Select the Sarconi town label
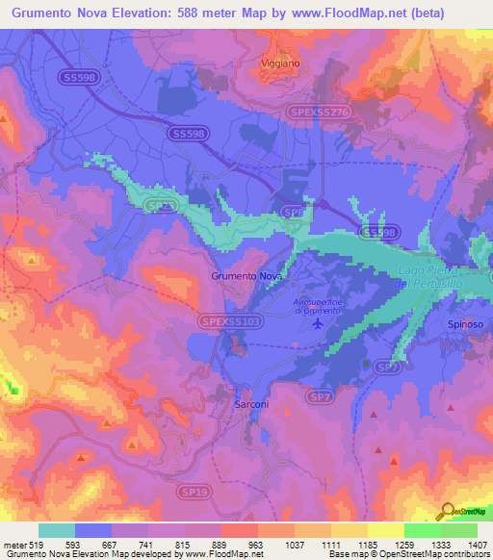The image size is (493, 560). [x=251, y=405]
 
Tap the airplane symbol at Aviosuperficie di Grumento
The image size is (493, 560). [x=318, y=323]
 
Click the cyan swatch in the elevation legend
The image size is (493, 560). [x=57, y=530]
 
